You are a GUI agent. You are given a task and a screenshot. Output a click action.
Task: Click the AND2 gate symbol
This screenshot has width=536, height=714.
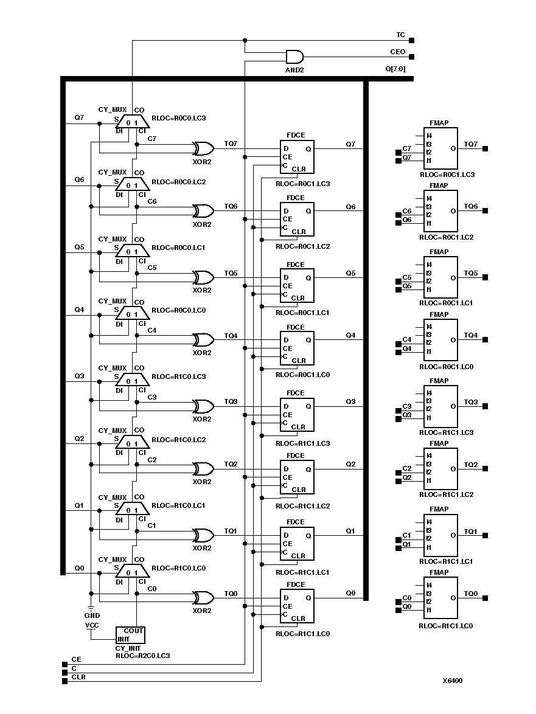pos(294,57)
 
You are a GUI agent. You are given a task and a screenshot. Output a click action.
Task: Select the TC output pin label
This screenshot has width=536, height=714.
pos(400,36)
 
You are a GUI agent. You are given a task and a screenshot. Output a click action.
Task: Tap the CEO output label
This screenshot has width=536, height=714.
pos(398,52)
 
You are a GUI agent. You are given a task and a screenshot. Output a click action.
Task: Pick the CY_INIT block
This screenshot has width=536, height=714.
pos(130,635)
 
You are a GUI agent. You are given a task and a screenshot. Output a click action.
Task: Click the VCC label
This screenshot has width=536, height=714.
pos(91,625)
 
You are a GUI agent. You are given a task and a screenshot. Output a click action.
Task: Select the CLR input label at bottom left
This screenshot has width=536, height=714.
pos(78,676)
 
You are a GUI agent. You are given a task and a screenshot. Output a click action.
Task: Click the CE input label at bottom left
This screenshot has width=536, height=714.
pos(76,659)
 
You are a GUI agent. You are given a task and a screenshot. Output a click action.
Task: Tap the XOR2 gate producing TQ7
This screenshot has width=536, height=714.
pos(203,148)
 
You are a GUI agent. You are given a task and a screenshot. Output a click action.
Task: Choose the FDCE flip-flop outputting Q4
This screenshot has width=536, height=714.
pos(297,348)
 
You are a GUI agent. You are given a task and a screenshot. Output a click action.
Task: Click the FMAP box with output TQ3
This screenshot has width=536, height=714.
pos(440,406)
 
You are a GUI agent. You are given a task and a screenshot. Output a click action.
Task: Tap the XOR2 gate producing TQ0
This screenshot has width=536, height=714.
pos(203,597)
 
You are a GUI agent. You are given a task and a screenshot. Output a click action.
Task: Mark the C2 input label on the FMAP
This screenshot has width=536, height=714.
pos(407,468)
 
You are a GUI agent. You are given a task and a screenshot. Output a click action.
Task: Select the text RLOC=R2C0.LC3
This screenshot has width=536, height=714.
pos(142,656)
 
